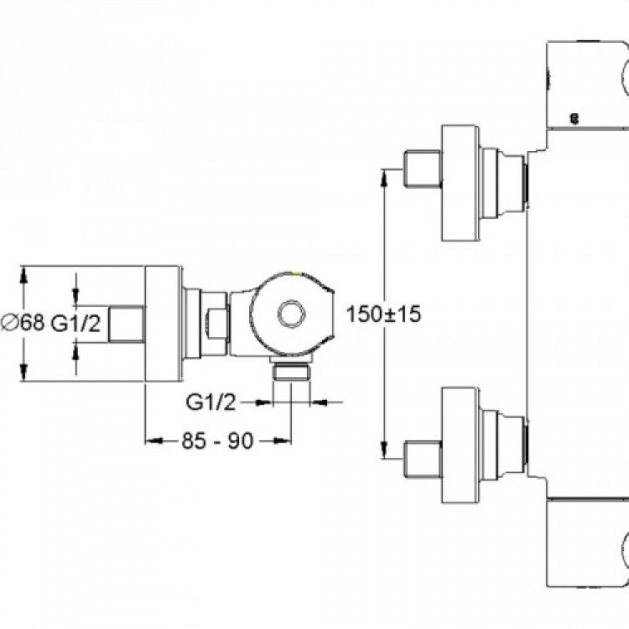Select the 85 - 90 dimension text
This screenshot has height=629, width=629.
[218, 441]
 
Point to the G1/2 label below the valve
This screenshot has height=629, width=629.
[209, 403]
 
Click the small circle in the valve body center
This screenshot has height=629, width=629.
[293, 314]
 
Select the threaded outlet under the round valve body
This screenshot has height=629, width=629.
[292, 373]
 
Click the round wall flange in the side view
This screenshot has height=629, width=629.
[164, 324]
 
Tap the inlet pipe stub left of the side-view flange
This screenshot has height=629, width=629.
[128, 324]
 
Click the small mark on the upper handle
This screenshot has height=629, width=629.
[574, 119]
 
